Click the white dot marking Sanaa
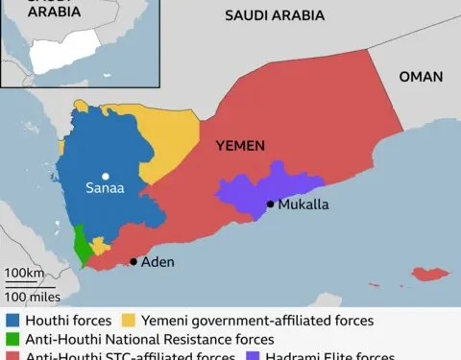click(106, 176)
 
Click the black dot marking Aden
click(133, 261)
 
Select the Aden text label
click(158, 261)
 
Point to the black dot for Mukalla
click(270, 204)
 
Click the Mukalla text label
click(303, 204)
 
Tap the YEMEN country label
click(238, 146)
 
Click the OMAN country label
click(421, 77)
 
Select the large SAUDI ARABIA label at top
click(274, 15)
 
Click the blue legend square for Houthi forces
click(13, 320)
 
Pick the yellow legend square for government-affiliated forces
click(129, 320)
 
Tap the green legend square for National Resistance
click(13, 339)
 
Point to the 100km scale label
click(24, 274)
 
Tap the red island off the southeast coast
click(430, 275)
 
